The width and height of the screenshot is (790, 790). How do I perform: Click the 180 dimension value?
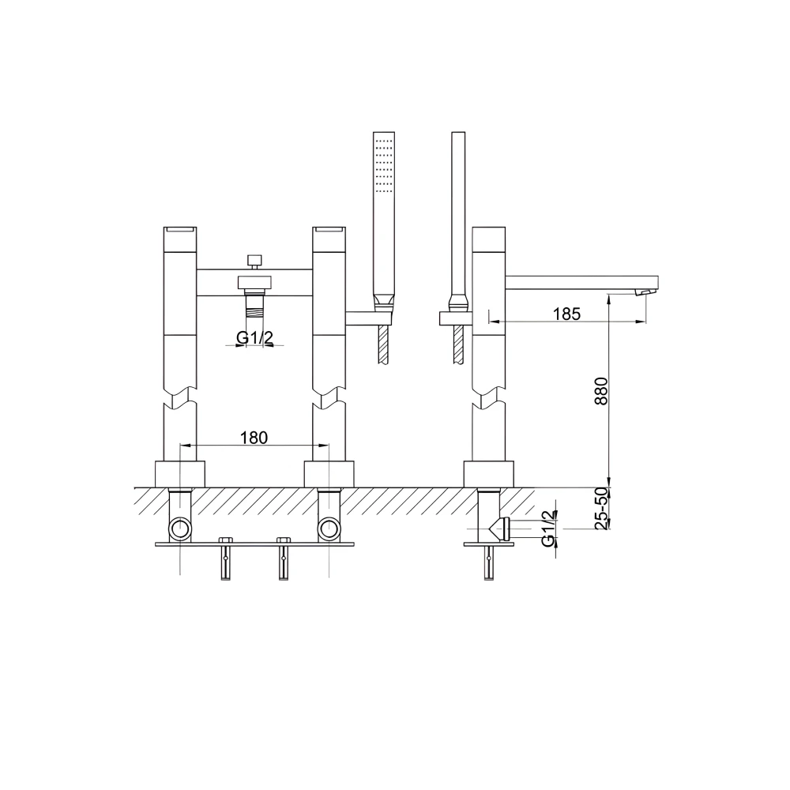tap(254, 438)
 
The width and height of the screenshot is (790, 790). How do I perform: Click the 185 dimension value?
tap(566, 314)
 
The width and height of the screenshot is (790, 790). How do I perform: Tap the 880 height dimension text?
tap(601, 392)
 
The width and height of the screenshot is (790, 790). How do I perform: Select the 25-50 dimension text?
tap(601, 508)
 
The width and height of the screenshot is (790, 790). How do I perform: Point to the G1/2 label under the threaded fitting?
tap(255, 337)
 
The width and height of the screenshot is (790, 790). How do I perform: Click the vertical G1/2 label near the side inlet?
tap(549, 528)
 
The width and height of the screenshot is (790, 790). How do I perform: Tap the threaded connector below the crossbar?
tap(255, 303)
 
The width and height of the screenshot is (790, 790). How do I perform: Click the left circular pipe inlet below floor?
tap(180, 529)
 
